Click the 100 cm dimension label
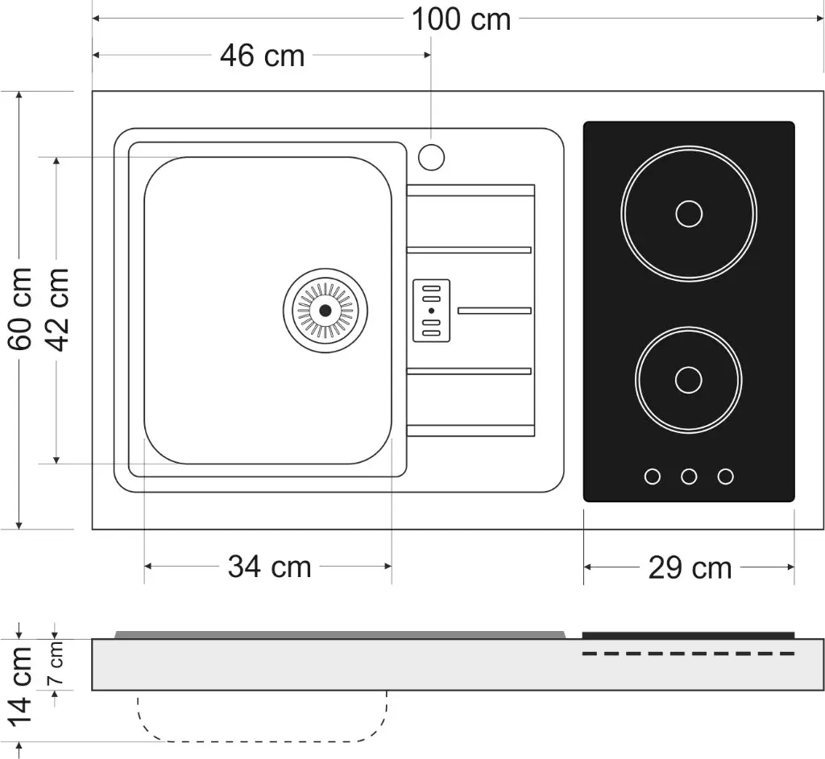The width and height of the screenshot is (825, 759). coord(461,19)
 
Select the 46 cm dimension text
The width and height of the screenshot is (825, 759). coord(262,56)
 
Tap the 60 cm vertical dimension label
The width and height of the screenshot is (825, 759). coord(19,309)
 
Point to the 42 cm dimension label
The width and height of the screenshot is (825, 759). coord(56,309)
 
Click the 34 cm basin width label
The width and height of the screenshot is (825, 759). coord(269,567)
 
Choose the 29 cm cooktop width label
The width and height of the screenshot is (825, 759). coord(690,568)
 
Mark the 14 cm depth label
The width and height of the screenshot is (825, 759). coord(20,684)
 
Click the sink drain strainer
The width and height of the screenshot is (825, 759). coord(325,310)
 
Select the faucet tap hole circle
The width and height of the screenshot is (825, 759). coord(431,156)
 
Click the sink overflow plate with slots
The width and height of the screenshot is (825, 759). coord(431,311)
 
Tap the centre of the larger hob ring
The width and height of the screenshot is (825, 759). coord(689,214)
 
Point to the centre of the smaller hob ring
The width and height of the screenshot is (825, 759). coord(688,380)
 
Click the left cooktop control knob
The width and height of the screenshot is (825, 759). coord(653,476)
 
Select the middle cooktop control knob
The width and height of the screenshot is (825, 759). coord(689,476)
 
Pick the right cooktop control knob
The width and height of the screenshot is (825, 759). coord(726,476)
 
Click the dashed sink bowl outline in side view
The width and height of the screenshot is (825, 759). coord(262,740)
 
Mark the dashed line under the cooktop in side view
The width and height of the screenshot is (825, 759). coord(688,654)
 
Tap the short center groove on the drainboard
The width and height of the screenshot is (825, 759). coord(494,311)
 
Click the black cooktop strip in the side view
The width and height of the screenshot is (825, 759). coord(688,635)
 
